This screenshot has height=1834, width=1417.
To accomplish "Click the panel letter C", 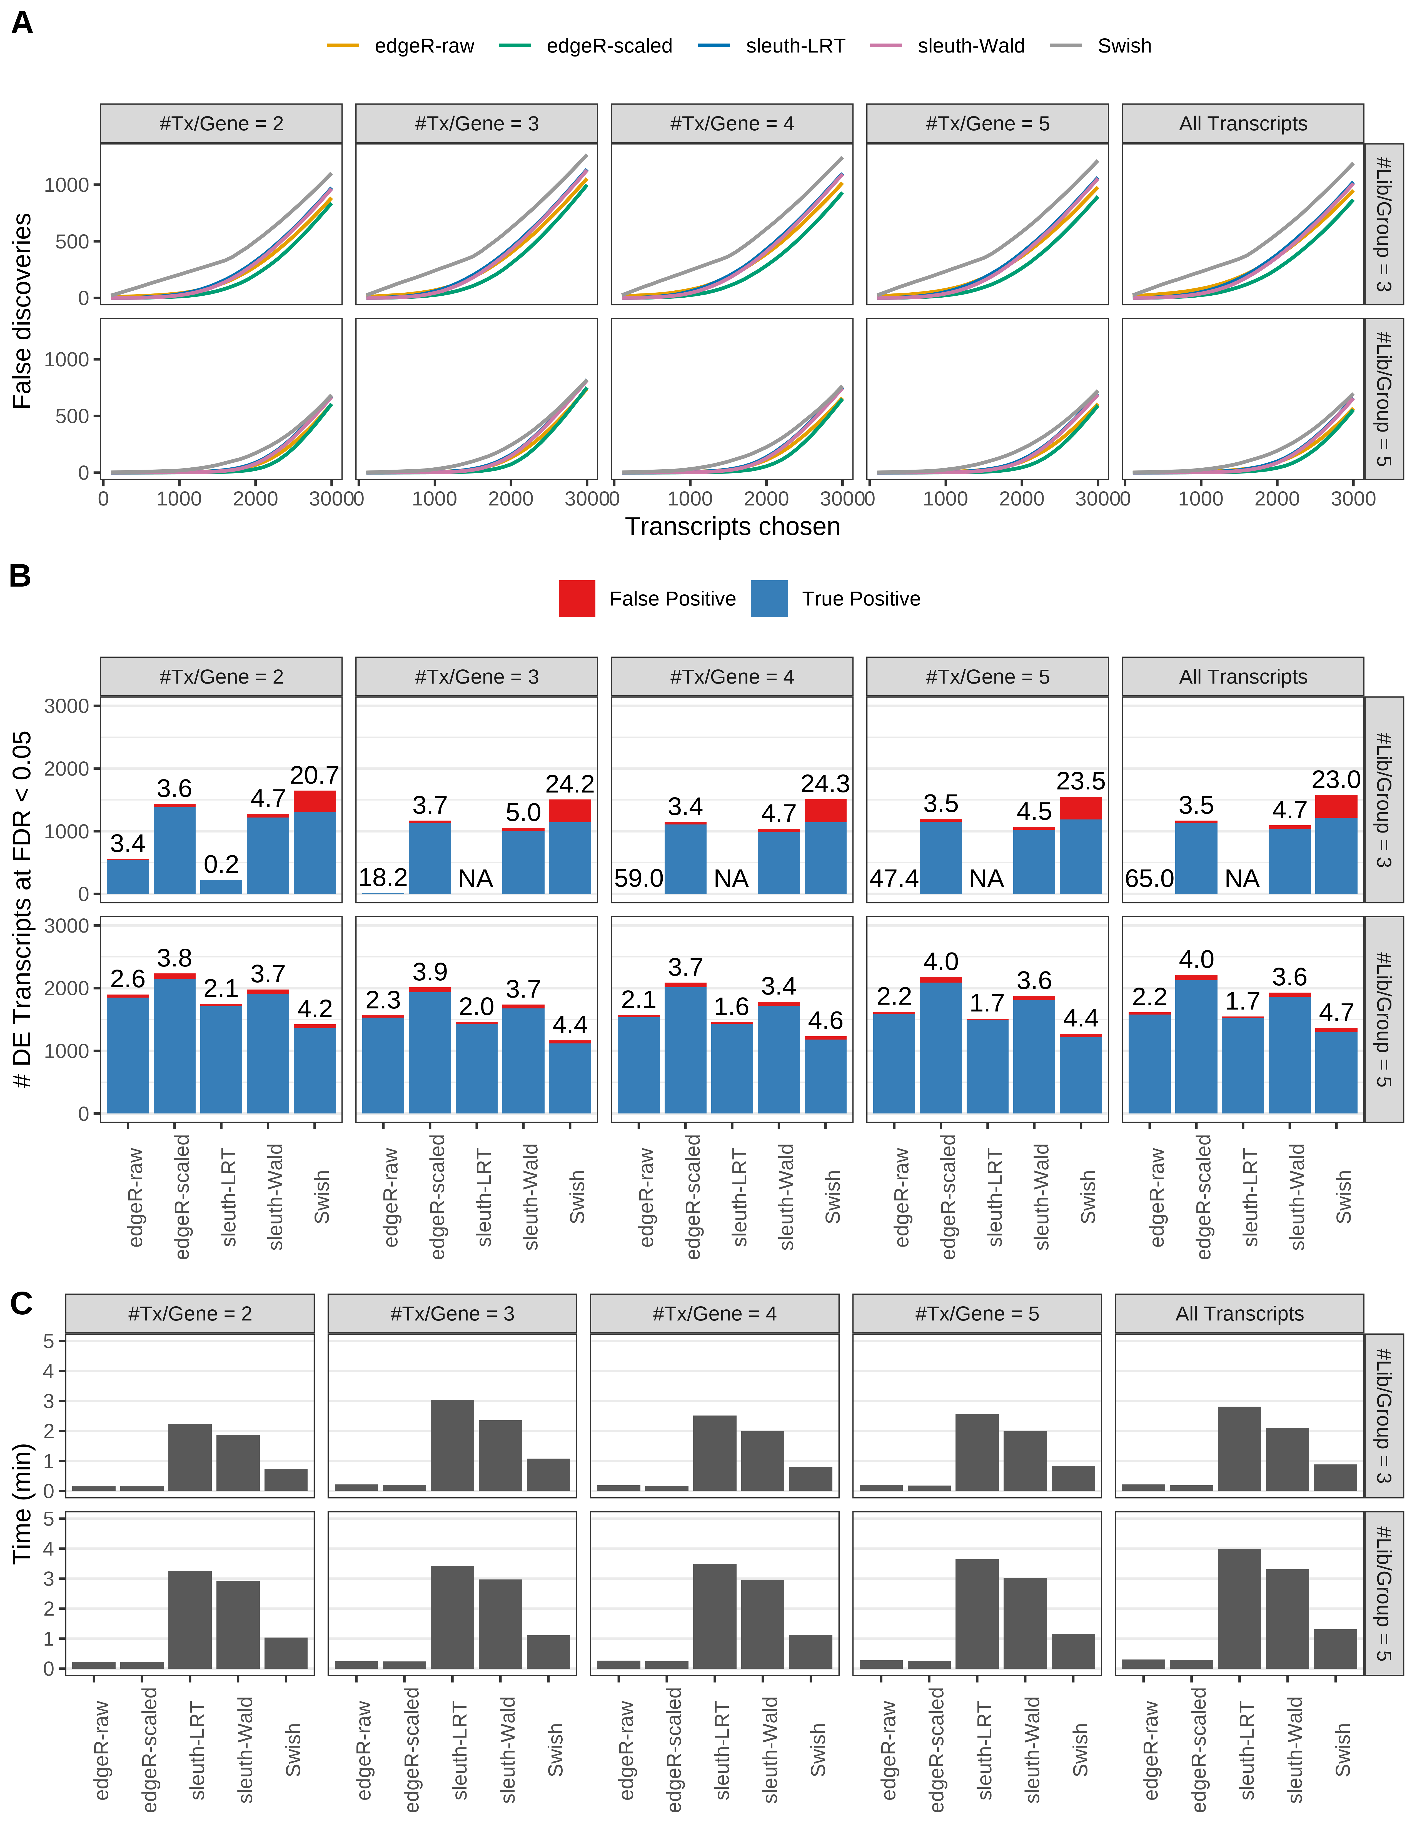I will tap(21, 1303).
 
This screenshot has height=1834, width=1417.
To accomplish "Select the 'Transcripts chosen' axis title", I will tap(732, 527).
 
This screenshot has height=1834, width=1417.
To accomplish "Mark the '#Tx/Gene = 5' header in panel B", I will tap(987, 677).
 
